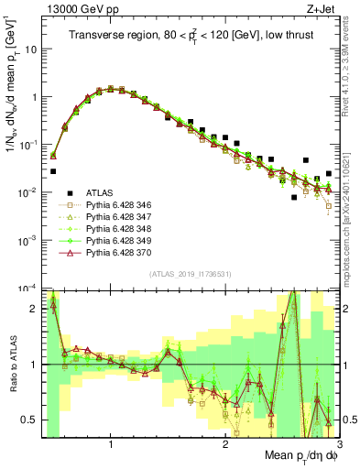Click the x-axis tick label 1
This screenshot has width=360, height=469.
click(111, 446)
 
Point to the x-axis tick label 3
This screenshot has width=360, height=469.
click(339, 446)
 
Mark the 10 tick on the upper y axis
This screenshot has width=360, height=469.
click(30, 49)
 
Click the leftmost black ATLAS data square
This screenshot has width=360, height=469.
click(53, 171)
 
